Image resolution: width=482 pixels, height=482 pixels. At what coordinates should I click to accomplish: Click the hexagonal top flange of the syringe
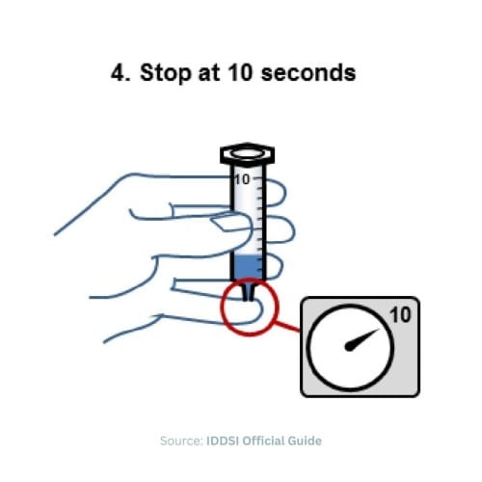coord(248,153)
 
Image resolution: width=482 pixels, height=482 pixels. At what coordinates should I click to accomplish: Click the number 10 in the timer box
coord(400,315)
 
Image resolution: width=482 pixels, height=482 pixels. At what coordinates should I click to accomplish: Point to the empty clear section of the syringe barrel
coord(249,217)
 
